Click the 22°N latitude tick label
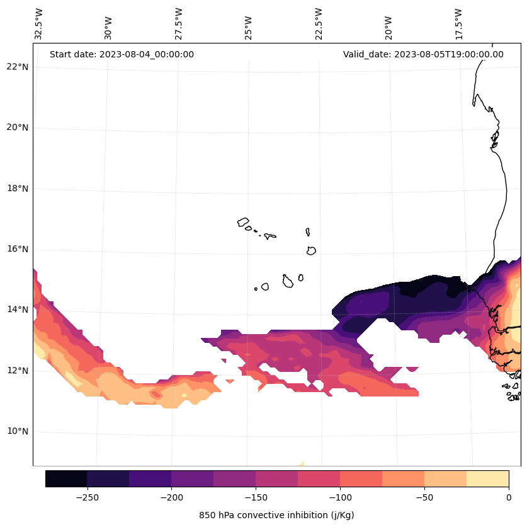coord(17,67)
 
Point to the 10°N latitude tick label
coord(17,431)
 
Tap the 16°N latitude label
coord(17,249)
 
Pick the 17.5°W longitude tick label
coord(458,23)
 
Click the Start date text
coord(122,54)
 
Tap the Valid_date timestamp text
coord(423,54)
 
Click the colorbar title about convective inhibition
coord(276,515)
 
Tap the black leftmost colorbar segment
coord(66,478)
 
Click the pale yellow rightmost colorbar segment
coord(487,478)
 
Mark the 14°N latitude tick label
coord(17,310)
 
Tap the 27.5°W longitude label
coord(179,23)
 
